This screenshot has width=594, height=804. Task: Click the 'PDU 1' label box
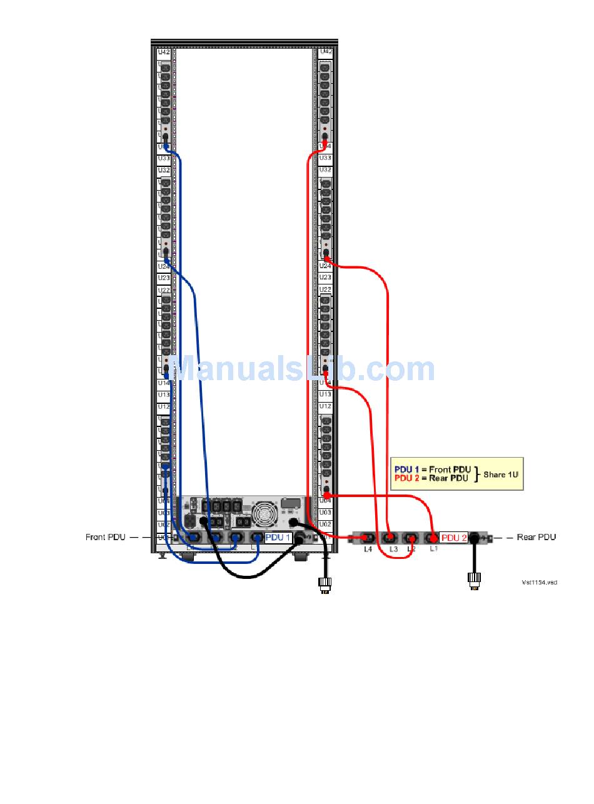click(x=278, y=538)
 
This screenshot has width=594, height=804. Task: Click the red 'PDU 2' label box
click(x=454, y=538)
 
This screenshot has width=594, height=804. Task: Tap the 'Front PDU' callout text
click(x=106, y=538)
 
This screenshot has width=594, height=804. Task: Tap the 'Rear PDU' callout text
click(x=536, y=537)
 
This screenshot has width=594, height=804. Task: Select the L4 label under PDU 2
click(x=368, y=549)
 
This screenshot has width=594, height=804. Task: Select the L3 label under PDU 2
click(x=393, y=549)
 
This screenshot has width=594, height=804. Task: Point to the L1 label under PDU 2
click(x=434, y=549)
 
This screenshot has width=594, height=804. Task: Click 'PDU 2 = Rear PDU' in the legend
click(x=431, y=478)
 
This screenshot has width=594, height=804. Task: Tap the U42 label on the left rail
click(x=164, y=52)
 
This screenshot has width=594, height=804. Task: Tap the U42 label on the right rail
click(x=325, y=52)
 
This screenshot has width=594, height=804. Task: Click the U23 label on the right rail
click(x=325, y=277)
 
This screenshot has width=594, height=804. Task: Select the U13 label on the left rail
click(x=164, y=395)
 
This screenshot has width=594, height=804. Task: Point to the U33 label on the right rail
click(x=325, y=158)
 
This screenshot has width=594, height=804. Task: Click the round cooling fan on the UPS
click(x=264, y=513)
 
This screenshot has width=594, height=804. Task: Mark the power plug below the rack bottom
click(x=325, y=585)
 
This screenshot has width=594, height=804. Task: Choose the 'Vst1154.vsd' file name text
click(x=539, y=583)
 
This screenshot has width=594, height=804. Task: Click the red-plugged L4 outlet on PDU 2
click(x=367, y=537)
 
